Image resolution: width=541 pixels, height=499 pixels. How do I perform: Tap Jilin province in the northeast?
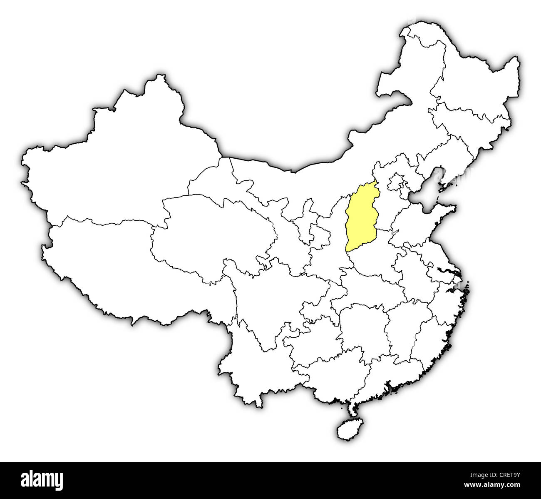[470, 125]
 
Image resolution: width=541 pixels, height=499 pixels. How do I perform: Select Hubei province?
[366, 296]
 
